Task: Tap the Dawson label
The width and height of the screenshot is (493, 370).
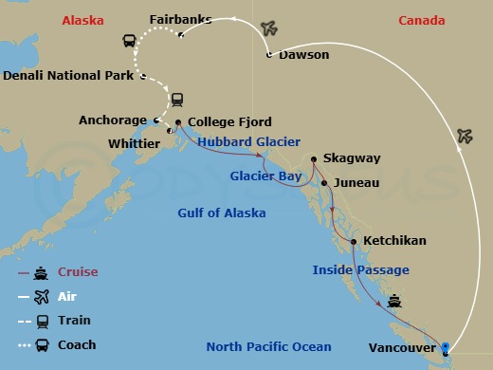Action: (x=303, y=55)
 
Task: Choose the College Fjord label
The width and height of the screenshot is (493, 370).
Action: (x=230, y=122)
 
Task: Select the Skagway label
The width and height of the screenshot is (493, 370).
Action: (x=351, y=158)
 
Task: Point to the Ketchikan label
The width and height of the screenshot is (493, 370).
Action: (x=394, y=241)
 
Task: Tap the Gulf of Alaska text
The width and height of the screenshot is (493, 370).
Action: (x=222, y=213)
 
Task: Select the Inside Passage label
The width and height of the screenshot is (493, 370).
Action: (x=360, y=270)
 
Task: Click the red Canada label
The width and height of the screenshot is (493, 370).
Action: (x=421, y=20)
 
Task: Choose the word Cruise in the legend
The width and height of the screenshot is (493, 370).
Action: (x=78, y=272)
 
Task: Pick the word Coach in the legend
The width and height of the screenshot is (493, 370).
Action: (x=78, y=344)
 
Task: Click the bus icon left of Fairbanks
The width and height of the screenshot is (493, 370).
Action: (x=129, y=41)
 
